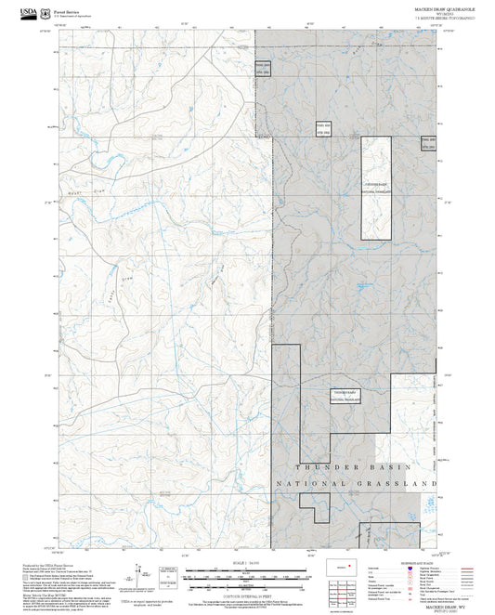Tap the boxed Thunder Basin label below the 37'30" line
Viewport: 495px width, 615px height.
coord(345,394)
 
